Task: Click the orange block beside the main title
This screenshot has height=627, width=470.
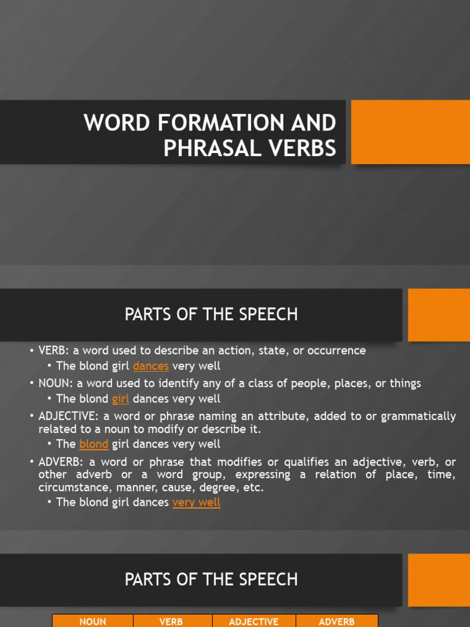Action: pos(410,132)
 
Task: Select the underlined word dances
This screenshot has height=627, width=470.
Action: pos(151,367)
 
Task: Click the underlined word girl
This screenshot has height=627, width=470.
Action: pos(121,399)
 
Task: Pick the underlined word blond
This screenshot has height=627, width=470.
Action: pos(94,444)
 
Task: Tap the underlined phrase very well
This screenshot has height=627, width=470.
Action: pos(196,503)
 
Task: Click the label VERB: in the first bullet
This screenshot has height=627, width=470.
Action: pos(54,351)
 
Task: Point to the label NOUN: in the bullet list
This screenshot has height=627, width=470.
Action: pos(56,383)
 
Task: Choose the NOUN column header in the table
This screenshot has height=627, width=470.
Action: pos(92,621)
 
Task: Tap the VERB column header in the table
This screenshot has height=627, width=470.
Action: pos(171,621)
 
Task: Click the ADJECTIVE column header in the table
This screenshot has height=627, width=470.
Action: pos(253,621)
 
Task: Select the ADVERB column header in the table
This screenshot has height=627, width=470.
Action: pos(337,621)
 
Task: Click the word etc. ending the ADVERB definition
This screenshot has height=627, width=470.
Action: pos(253,488)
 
